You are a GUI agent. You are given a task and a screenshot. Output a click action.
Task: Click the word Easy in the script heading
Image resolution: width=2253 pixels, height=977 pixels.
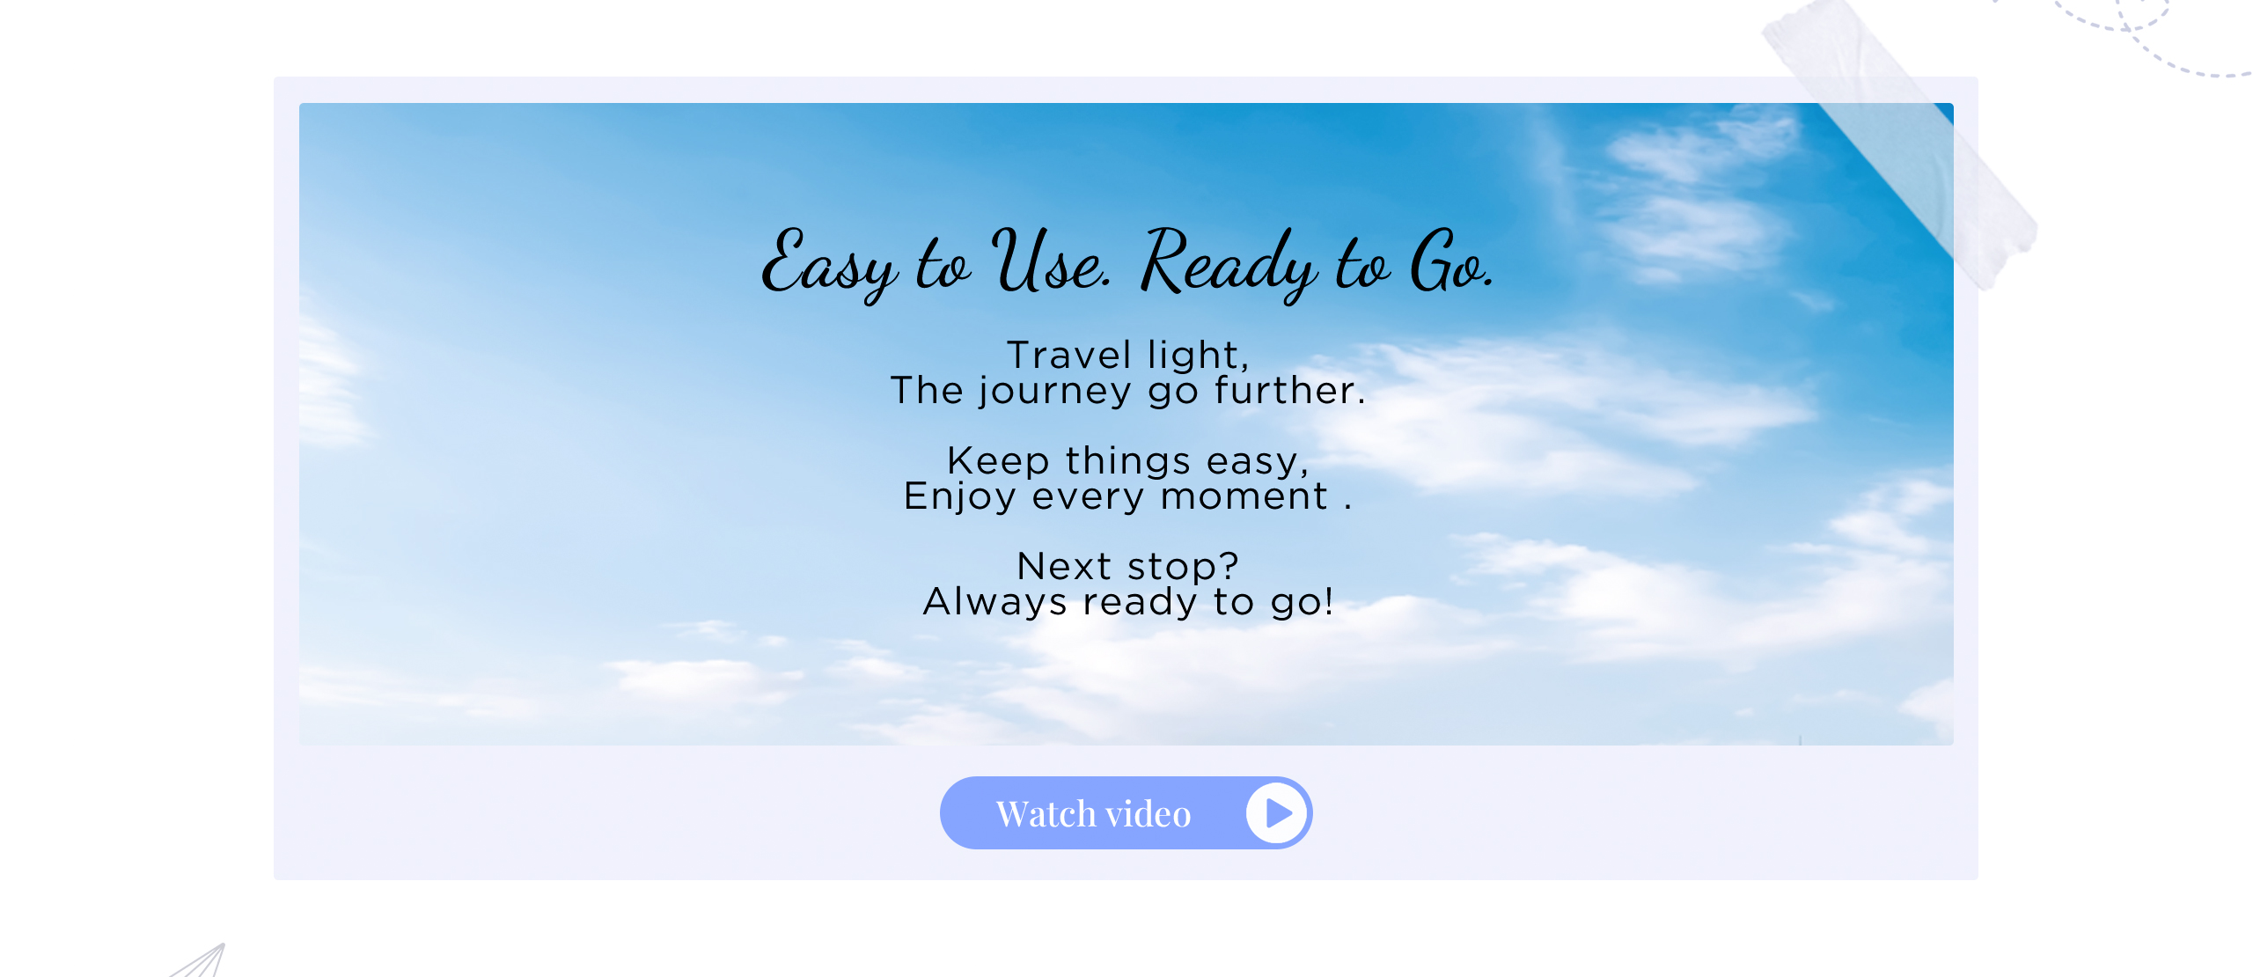[x=829, y=264]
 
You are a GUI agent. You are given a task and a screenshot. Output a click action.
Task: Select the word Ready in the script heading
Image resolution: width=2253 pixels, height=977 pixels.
[x=1229, y=264]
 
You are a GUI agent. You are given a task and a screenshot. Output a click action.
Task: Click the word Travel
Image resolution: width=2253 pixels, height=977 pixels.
[x=1068, y=355]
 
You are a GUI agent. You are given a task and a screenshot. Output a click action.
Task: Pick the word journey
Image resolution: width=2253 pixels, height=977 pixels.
[x=1055, y=392]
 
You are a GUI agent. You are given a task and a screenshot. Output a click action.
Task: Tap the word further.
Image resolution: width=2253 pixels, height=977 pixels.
[x=1290, y=390]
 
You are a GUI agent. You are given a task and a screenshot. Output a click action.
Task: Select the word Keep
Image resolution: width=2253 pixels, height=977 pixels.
[x=998, y=462]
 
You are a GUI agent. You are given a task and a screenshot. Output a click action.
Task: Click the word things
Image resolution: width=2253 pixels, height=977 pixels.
[x=1128, y=462]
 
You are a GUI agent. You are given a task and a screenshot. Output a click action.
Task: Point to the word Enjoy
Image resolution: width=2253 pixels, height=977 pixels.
[x=959, y=497]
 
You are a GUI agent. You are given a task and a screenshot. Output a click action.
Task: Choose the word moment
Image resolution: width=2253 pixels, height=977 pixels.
[x=1244, y=496]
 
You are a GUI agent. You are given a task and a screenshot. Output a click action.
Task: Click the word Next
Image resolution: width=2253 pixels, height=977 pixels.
[x=1064, y=566]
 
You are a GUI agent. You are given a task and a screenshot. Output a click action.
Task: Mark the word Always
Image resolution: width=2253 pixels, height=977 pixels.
[x=994, y=603]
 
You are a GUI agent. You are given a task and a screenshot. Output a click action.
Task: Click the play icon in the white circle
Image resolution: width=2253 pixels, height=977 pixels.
[x=1278, y=813]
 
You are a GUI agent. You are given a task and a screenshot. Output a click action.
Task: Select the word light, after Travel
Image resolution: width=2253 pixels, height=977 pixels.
[x=1199, y=355]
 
